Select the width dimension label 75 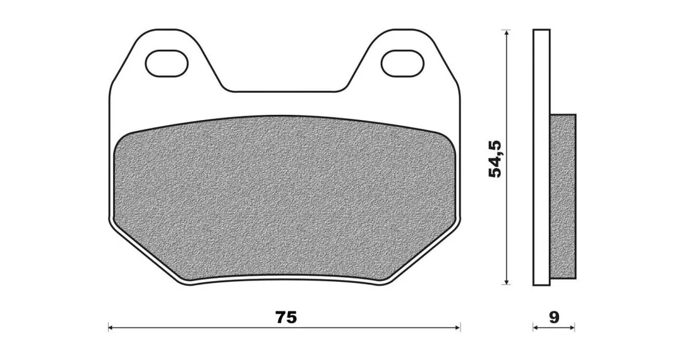(x=286, y=317)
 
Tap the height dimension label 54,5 (x=496, y=159)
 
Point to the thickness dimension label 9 (x=554, y=317)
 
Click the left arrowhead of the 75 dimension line (x=111, y=327)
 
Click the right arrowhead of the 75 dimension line (x=457, y=327)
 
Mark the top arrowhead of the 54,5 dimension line (x=506, y=33)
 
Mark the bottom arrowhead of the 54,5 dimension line (x=506, y=282)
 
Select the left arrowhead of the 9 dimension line (x=536, y=327)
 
